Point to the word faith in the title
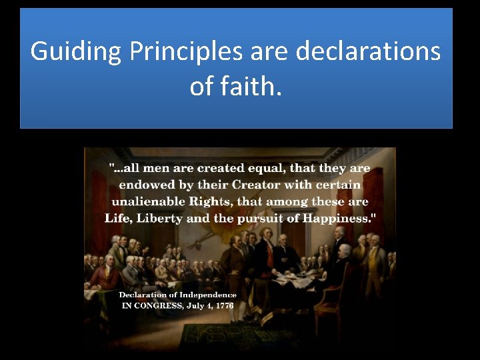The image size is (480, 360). coord(253,85)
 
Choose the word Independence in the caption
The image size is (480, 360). coord(205,295)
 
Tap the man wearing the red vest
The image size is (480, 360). coord(269,257)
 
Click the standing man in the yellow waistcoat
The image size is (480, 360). coord(369,263)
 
